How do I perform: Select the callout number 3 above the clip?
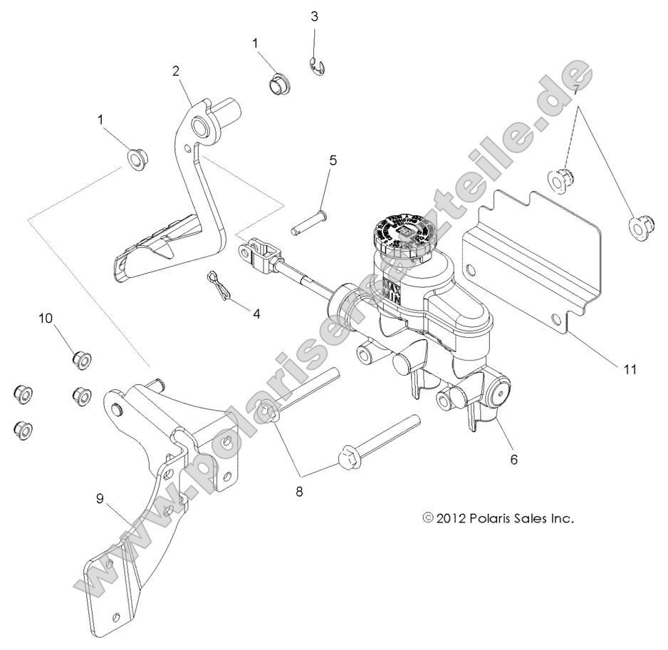click(x=314, y=16)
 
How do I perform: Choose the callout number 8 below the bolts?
click(x=300, y=491)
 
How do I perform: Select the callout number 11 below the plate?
click(x=629, y=369)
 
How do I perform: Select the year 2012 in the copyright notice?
click(x=450, y=518)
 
